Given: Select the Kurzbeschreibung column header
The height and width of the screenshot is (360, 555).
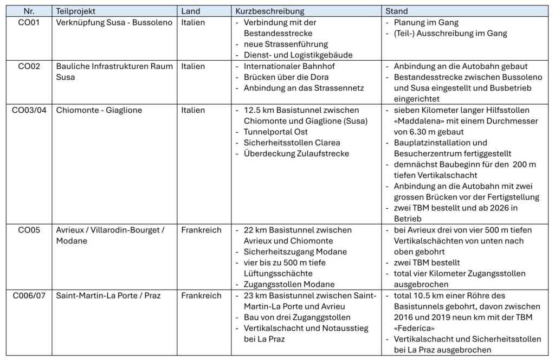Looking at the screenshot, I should tap(269, 11).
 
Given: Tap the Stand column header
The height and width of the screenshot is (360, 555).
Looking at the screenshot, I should tap(396, 11).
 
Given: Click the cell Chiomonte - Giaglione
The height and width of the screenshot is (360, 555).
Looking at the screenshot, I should tap(99, 110).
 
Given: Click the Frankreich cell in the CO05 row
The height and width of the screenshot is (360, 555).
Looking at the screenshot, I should tap(201, 230).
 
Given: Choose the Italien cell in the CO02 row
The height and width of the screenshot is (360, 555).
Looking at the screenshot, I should tap(193, 67).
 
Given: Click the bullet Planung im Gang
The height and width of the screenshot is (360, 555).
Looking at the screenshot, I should tap(426, 23).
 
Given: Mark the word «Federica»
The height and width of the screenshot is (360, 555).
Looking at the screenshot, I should tap(413, 329).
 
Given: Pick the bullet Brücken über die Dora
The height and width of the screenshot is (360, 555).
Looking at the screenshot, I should tap(285, 78).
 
